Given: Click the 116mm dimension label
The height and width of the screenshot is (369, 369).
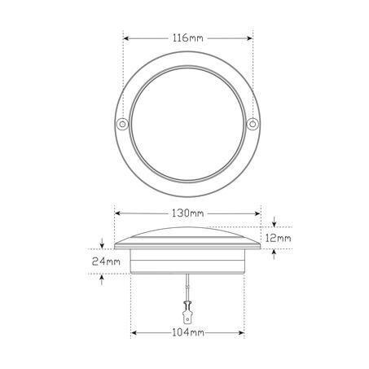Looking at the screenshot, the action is coord(188,38).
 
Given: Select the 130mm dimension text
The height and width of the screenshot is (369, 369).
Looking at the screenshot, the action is coord(187,213).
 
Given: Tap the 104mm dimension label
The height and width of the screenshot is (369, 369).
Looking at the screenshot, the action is coord(188,332).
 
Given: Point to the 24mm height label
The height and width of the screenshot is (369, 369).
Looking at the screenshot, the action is coord(106,261).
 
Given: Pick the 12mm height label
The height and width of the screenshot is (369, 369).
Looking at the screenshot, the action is coord(278,239).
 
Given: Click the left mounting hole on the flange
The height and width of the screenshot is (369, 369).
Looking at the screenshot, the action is coord(122,125).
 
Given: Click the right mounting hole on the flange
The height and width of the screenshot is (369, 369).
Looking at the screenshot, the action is coord(253,125).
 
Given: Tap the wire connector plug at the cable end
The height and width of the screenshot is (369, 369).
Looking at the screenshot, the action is coord(187,313).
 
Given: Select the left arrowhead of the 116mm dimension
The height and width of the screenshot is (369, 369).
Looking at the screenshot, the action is coord(126,38).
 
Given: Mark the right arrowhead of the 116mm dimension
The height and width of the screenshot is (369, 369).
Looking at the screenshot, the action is coord(249,38).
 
